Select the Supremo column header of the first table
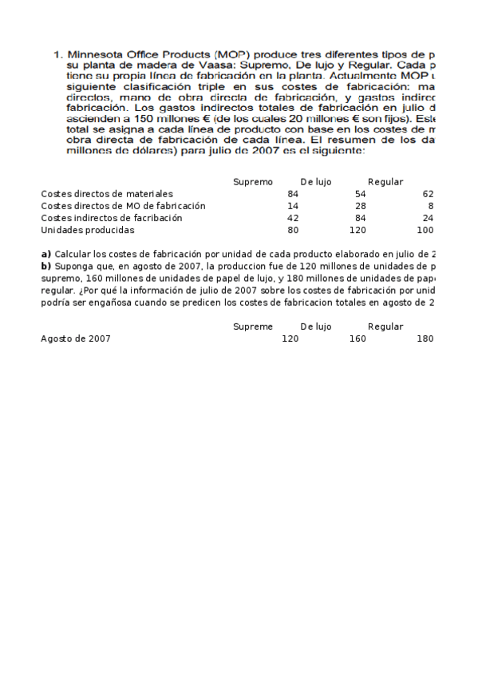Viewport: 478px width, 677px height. [x=253, y=182]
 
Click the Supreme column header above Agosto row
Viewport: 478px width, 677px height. [x=253, y=327]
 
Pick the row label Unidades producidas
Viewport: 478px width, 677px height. [x=88, y=230]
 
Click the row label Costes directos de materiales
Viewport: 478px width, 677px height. [x=107, y=194]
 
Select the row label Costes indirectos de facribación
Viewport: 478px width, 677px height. [x=112, y=218]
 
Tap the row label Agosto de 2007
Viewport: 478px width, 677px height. [x=76, y=338]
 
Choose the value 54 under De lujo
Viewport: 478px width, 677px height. [x=361, y=194]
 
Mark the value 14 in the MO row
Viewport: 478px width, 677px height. [x=293, y=206]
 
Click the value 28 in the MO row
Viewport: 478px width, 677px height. [x=361, y=206]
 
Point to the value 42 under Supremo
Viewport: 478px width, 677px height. [x=293, y=218]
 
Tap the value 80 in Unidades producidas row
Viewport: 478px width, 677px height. [x=293, y=230]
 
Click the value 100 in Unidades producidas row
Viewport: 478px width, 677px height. [x=425, y=230]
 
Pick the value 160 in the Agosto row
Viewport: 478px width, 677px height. [x=358, y=338]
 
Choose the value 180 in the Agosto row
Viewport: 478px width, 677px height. [x=425, y=338]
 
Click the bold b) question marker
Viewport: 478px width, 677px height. [x=46, y=266]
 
